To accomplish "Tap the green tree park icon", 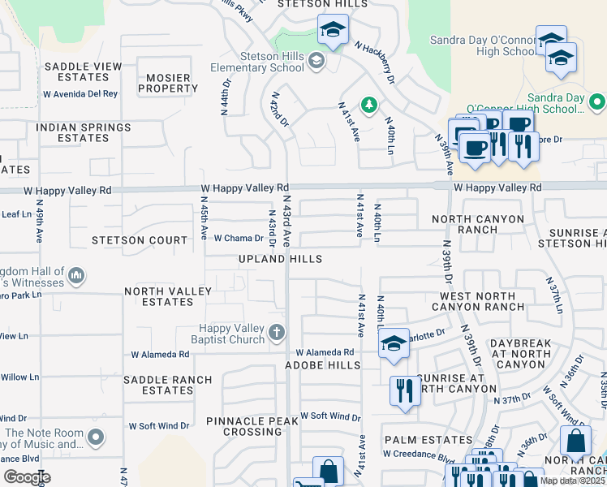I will (368, 105).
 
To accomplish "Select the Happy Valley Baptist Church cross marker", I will (277, 332).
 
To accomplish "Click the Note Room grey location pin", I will (97, 438).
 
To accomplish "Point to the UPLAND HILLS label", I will (280, 259).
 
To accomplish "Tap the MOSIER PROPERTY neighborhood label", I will (167, 83).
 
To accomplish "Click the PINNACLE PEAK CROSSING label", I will (243, 426).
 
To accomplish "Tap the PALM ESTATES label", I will (417, 439).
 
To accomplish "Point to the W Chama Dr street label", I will (239, 239).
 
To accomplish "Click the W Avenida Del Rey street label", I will (80, 94).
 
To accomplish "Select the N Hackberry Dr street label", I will (374, 63).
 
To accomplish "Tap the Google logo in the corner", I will (27, 477).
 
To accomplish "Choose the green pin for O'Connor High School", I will (597, 102).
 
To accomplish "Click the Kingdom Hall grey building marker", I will (76, 276).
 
